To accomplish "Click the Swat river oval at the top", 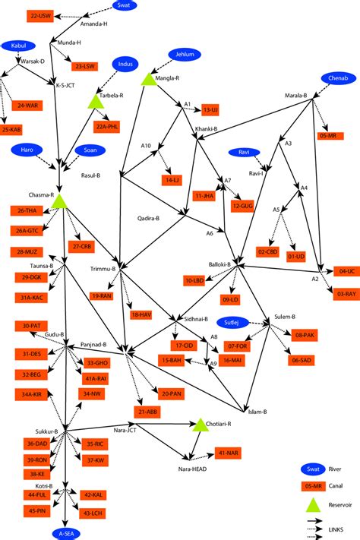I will tap(125, 5).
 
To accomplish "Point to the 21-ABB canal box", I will tap(147, 411).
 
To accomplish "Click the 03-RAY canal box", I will tap(343, 292).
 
